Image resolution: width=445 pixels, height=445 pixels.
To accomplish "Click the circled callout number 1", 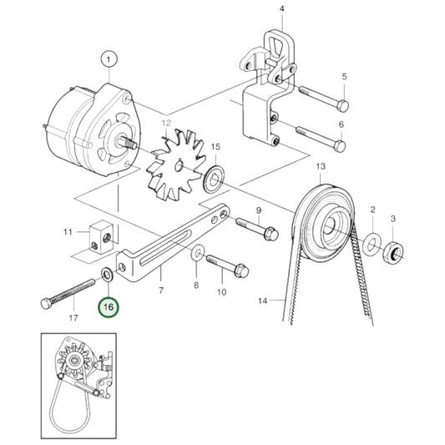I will point(109,58).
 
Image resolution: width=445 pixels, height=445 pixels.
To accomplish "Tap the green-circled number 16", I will point(109,307).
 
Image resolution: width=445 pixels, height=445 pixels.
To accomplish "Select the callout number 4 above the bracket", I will point(281,11).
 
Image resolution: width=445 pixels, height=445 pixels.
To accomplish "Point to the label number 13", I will point(319,167).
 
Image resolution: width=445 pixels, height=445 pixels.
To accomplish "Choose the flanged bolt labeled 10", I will point(223,267).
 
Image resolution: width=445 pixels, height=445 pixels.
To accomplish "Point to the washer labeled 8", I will point(197,251).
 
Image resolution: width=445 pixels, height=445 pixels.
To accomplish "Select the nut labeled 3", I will point(392,250).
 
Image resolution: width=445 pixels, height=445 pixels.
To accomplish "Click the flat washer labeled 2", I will point(371,245).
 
